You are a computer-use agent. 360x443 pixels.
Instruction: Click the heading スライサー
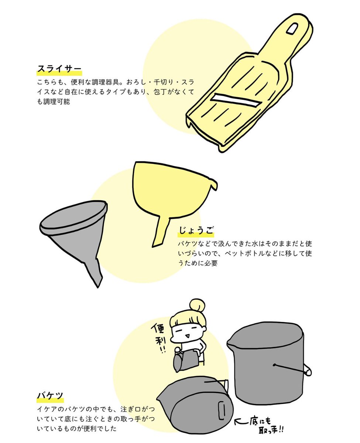pyautogui.click(x=59, y=68)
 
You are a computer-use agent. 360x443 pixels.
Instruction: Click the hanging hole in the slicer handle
pyautogui.click(x=292, y=28)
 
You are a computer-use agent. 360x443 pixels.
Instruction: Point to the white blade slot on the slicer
pyautogui.click(x=236, y=100)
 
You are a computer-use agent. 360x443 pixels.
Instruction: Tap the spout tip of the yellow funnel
pyautogui.click(x=155, y=245)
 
